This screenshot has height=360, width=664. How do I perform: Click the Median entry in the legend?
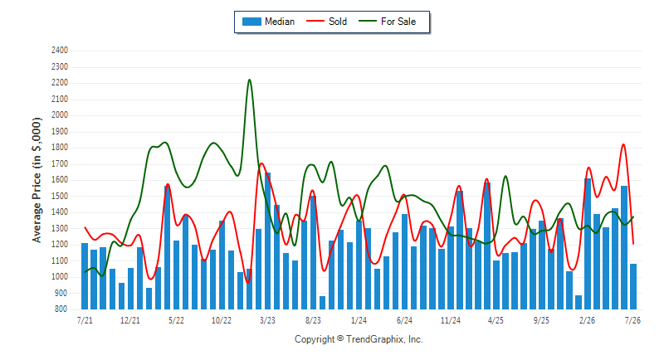(x=268, y=22)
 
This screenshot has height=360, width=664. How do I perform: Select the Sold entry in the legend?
(x=326, y=22)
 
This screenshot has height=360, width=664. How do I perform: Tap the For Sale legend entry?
(x=388, y=22)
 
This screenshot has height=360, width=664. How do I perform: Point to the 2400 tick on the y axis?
(x=60, y=51)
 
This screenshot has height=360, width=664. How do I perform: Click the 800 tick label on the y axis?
(x=61, y=309)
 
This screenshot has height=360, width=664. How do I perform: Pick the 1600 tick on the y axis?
(x=60, y=180)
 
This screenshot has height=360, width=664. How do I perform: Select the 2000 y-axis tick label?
(x=60, y=115)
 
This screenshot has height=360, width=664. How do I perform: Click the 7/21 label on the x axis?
(x=85, y=320)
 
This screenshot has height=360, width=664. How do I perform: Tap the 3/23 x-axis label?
(x=267, y=320)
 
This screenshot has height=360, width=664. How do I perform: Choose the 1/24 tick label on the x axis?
(x=359, y=320)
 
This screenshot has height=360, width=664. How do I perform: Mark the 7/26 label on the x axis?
(x=632, y=320)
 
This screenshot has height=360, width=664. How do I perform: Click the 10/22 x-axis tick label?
(x=222, y=320)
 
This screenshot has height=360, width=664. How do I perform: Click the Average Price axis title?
(x=37, y=180)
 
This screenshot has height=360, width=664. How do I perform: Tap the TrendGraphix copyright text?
(x=359, y=339)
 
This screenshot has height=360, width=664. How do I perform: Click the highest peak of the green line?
(x=249, y=80)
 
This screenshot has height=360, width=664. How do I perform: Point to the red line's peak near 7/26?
(x=623, y=144)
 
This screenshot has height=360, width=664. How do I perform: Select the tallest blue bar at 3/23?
(x=267, y=241)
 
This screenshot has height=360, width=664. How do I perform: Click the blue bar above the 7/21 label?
(x=85, y=276)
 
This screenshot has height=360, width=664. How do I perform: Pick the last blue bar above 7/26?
(x=633, y=287)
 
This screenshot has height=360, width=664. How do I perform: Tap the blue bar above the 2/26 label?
(x=588, y=244)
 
